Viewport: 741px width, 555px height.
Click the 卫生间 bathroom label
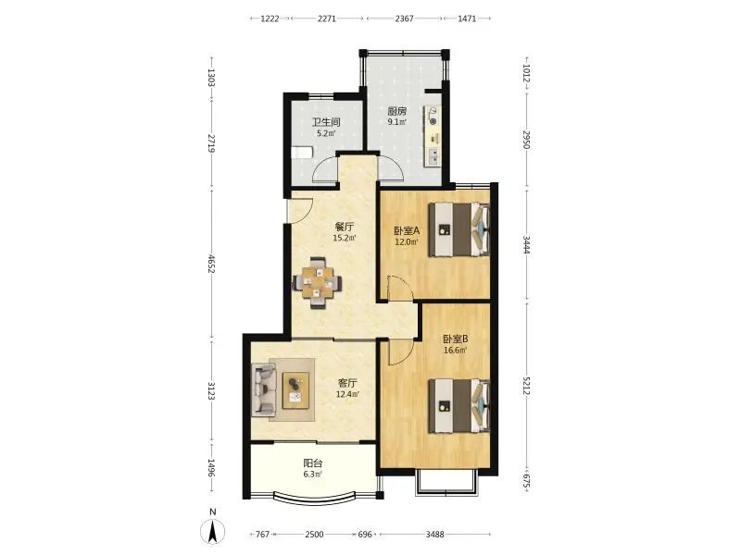pos(326,122)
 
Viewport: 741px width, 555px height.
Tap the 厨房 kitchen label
pos(397,111)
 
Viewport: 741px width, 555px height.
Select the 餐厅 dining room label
pos(344,227)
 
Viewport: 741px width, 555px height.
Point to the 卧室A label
pos(407,231)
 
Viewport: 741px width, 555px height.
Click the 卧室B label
pos(456,339)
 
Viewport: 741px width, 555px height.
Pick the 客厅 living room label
pos(347,383)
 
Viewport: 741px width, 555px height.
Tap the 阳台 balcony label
pos(313,463)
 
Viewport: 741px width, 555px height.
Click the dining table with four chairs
pos(318,283)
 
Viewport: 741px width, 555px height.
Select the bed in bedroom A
pos(458,229)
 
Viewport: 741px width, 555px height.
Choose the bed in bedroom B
pos(458,406)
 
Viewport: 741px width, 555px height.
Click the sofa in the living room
pos(264,389)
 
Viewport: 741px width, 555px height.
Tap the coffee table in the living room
pos(295,389)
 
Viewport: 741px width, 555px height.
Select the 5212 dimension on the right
pos(526,386)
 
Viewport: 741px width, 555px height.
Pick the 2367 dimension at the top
pos(404,18)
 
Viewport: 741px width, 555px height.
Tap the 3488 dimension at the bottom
pos(434,535)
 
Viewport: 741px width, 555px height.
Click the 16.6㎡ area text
pos(456,351)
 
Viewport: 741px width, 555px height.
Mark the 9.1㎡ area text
pos(397,122)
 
